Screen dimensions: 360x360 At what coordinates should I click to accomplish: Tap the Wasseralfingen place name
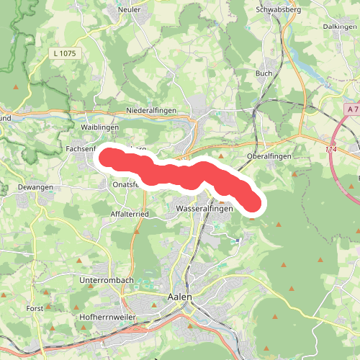(x=203, y=209)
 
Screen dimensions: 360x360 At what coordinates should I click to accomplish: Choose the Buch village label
(x=263, y=73)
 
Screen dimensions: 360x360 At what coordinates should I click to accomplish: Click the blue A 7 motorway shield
(x=351, y=109)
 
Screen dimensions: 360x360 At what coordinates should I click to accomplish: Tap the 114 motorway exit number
(x=330, y=150)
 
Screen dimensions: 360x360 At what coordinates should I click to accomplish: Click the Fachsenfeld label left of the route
(x=81, y=148)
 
